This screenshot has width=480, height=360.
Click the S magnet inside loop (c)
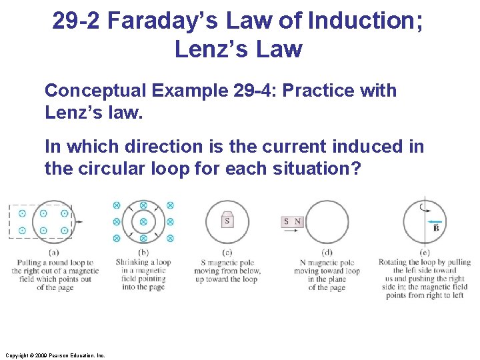pos(227,221)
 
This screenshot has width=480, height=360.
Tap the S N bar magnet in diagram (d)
pos(293,221)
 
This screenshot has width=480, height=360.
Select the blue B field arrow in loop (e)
pos(435,220)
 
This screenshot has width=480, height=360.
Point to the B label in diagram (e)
pos(436,229)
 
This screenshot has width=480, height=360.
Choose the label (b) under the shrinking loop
pos(143,253)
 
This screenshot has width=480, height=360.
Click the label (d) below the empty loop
pos(327,253)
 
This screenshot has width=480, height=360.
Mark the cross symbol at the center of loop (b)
pos(143,221)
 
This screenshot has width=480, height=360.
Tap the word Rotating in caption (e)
pos(394,262)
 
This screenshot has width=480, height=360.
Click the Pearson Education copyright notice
pos(53,355)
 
